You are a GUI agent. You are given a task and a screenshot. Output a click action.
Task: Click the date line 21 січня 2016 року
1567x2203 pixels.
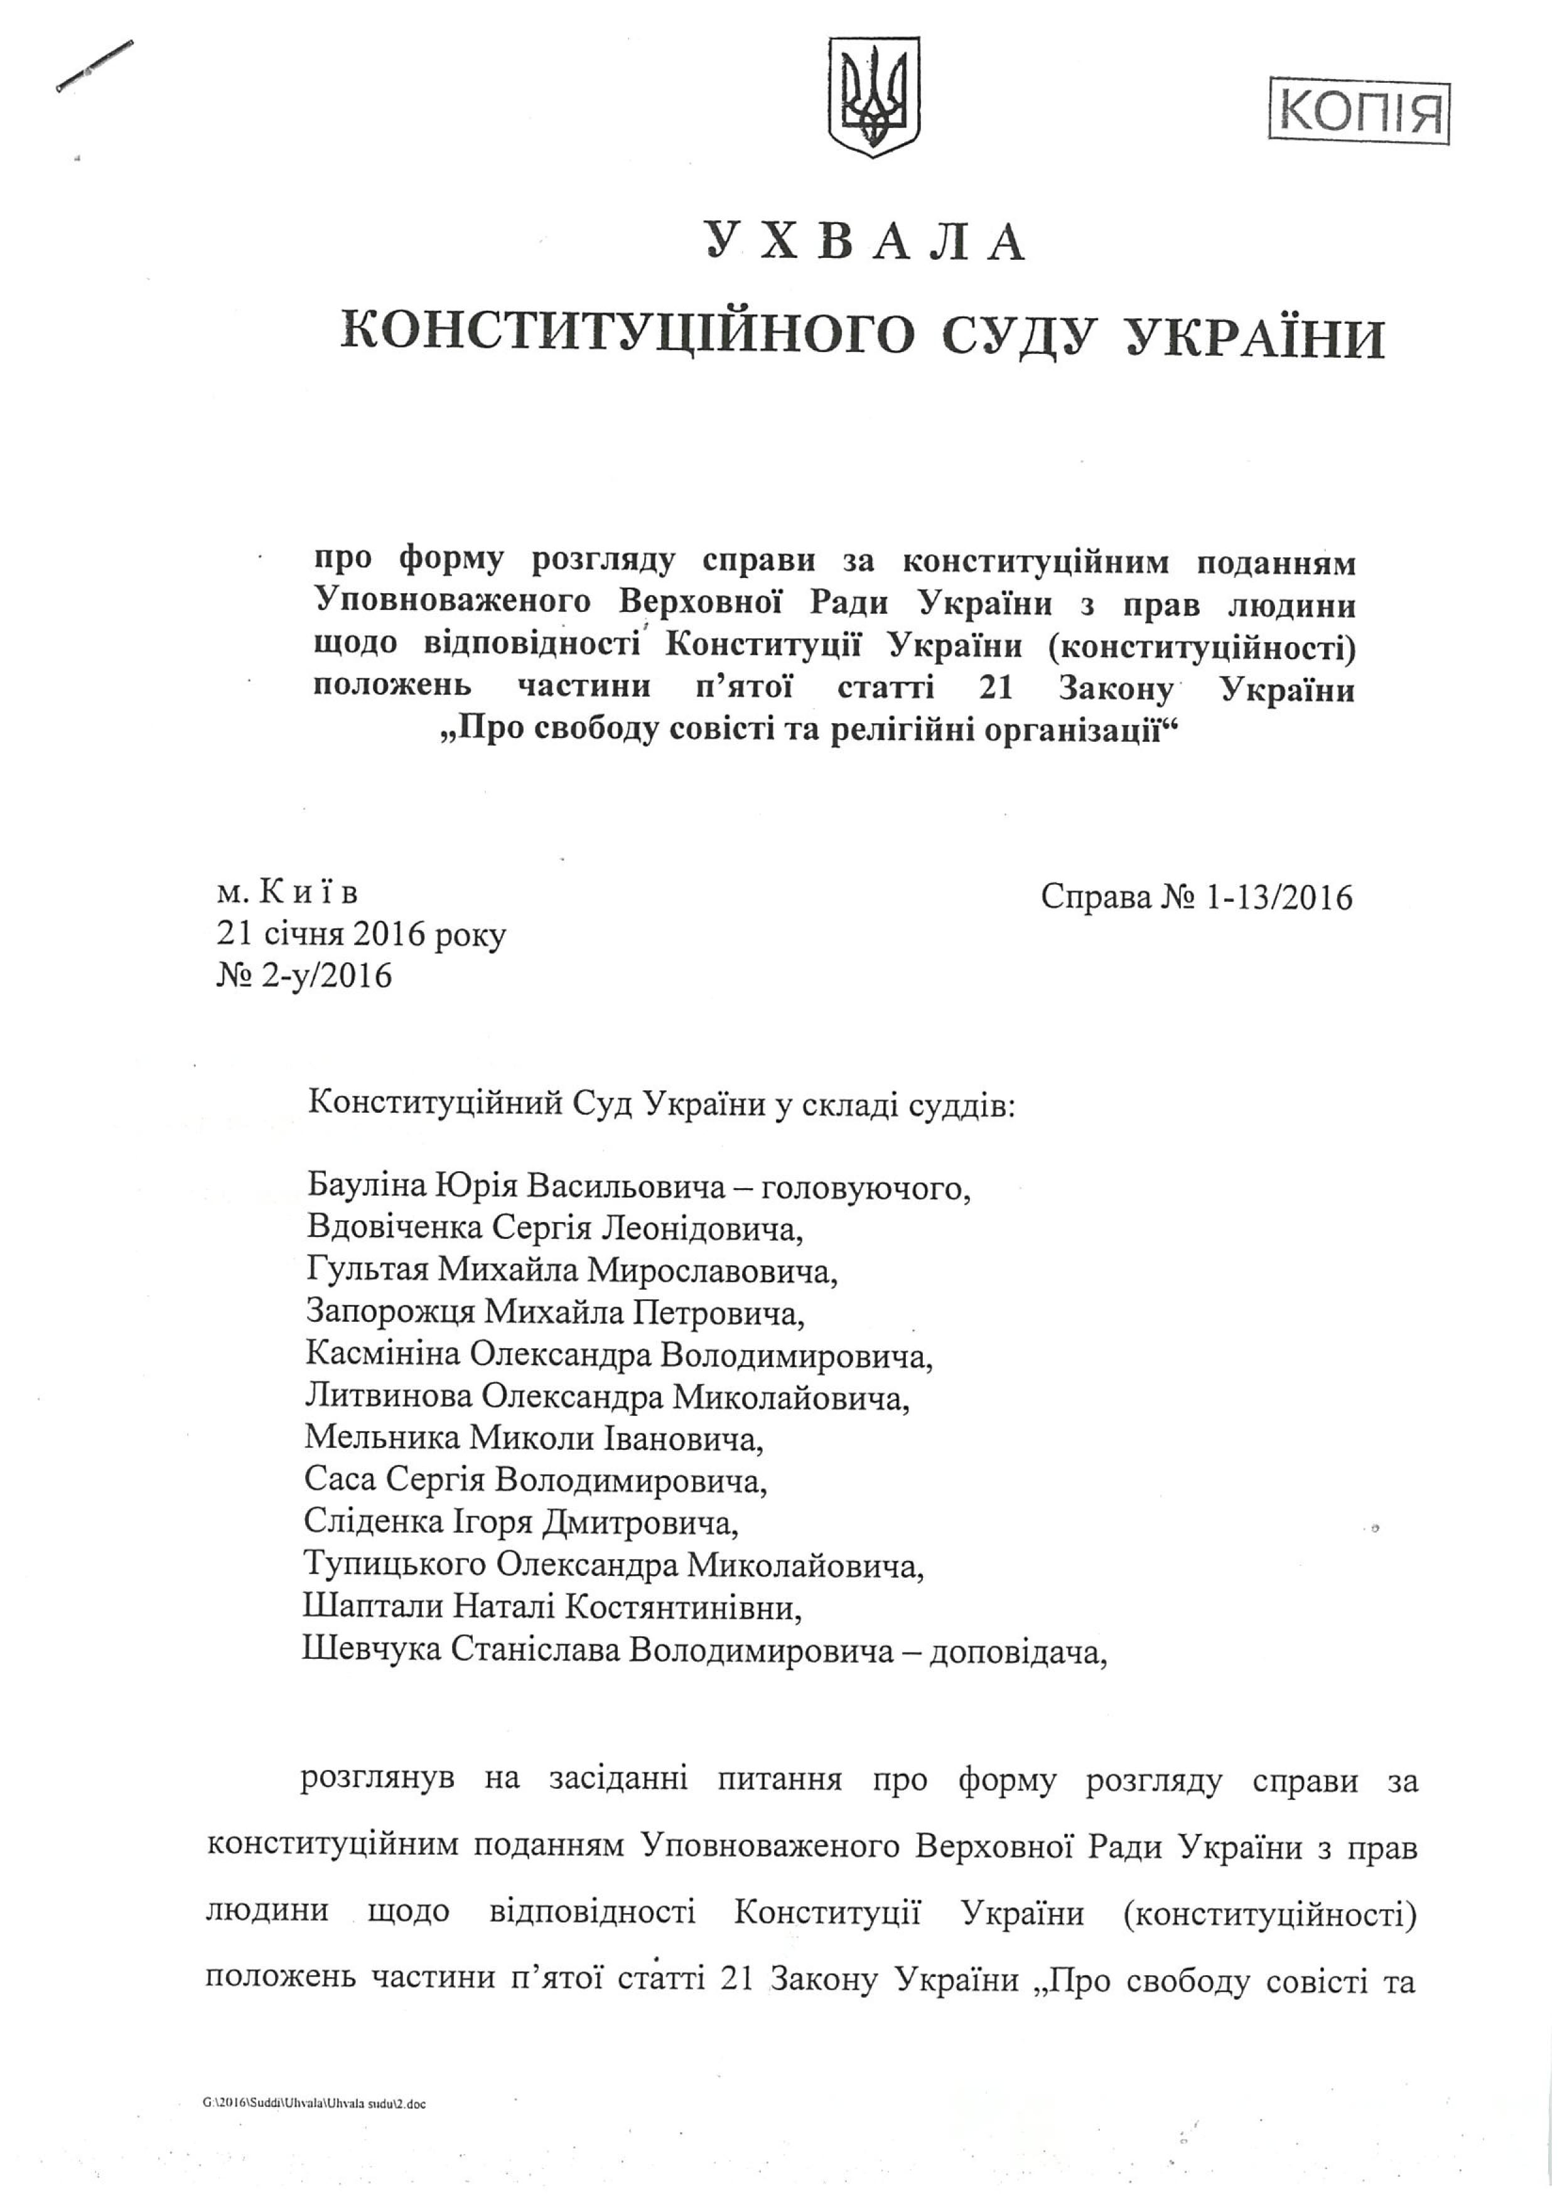click(361, 935)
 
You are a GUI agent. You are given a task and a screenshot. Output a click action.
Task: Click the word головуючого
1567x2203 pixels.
click(864, 1187)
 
